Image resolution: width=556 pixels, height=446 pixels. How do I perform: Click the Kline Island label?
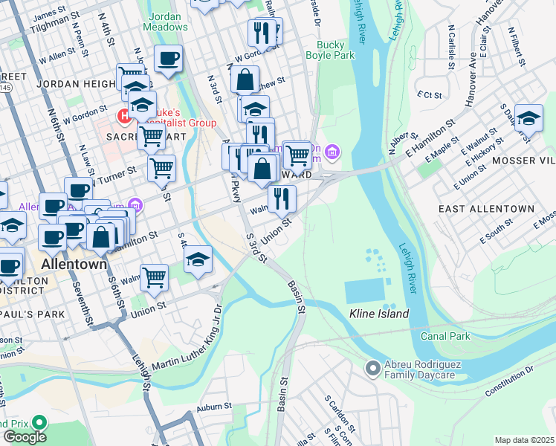379,314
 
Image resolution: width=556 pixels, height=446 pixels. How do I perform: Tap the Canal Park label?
449,336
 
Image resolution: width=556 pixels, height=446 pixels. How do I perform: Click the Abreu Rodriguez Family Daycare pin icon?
373,368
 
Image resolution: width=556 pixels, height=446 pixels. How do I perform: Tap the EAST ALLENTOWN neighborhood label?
486,209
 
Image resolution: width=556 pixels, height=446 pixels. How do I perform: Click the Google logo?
25,436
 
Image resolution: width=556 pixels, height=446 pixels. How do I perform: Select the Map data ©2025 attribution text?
524,440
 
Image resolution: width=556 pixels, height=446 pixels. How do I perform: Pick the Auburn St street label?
214,407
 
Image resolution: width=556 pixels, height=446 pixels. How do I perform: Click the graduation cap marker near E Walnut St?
528,118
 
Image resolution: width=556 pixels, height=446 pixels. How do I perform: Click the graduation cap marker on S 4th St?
198,259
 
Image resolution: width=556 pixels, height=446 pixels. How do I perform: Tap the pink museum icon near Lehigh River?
332,153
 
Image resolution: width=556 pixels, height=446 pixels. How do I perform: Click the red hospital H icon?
124,116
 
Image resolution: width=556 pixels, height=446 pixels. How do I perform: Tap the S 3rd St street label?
254,247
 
